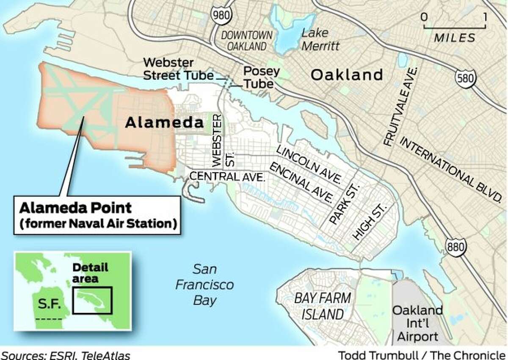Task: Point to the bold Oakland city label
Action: pos(346,75)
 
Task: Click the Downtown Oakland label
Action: pos(247,41)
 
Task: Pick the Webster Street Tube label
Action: pos(178,69)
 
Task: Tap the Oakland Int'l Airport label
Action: pos(417,324)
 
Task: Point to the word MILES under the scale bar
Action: pos(455,38)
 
